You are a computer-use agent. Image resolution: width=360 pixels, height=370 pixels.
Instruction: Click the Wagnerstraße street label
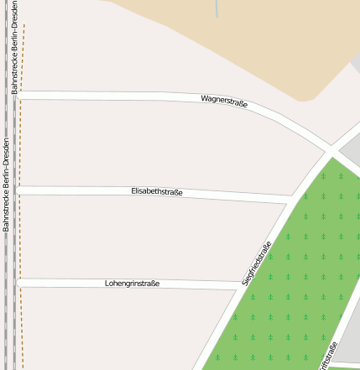click(224, 102)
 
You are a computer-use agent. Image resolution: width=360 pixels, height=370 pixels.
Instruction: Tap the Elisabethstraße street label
click(157, 192)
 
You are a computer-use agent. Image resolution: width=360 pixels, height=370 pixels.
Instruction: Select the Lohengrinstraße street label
click(132, 284)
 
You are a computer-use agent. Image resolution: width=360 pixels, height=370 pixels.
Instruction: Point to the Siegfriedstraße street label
click(257, 263)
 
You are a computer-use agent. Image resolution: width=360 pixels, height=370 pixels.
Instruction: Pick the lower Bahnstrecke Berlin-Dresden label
click(6, 185)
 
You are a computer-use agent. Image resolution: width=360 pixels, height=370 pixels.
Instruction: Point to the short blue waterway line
click(217, 8)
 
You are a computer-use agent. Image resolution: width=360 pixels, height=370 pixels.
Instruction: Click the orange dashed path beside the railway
click(23, 210)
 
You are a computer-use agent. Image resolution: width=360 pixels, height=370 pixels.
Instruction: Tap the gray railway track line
click(13, 252)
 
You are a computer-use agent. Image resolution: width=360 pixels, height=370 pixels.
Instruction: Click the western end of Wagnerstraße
click(20, 95)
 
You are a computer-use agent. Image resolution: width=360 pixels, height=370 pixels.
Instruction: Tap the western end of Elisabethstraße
click(20, 190)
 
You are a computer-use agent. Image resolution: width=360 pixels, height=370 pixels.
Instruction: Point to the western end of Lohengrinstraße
click(20, 283)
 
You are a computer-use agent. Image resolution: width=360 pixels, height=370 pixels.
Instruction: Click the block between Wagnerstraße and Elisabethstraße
click(143, 143)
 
